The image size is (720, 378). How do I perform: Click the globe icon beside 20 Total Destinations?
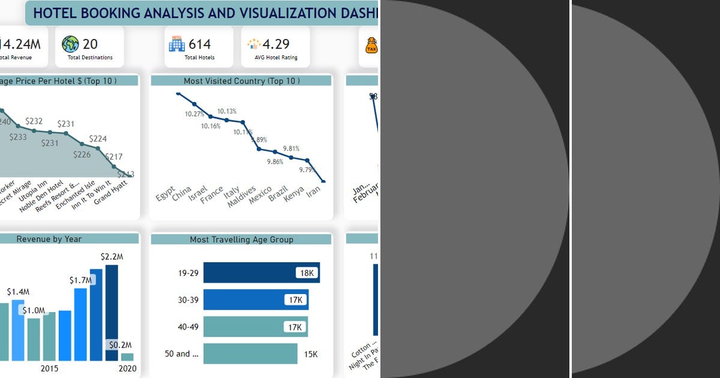pyautogui.click(x=70, y=44)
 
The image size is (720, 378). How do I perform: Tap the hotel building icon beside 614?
pyautogui.click(x=176, y=43)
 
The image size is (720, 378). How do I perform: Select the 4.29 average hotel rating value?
pyautogui.click(x=275, y=44)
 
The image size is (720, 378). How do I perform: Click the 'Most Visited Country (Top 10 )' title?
pyautogui.click(x=241, y=80)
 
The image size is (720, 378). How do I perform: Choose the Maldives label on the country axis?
pyautogui.click(x=242, y=197)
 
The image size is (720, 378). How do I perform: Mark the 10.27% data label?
pyautogui.click(x=194, y=114)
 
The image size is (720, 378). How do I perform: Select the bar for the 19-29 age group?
pyautogui.click(x=261, y=272)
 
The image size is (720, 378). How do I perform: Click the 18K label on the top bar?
pyautogui.click(x=307, y=273)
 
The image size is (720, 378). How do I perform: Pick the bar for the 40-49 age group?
pyautogui.click(x=255, y=327)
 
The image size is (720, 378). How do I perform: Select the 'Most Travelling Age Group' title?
pyautogui.click(x=241, y=239)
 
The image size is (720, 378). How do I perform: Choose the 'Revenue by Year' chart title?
pyautogui.click(x=49, y=239)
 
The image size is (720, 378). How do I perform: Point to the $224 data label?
pyautogui.click(x=98, y=139)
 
